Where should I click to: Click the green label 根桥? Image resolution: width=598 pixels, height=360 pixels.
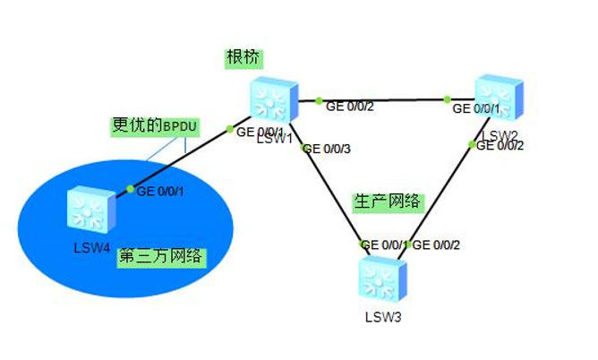click(x=244, y=59)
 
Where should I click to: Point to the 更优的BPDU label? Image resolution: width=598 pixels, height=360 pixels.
click(x=155, y=126)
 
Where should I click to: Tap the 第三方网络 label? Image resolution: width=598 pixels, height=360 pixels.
click(x=161, y=258)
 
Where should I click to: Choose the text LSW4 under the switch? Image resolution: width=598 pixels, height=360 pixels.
click(x=91, y=246)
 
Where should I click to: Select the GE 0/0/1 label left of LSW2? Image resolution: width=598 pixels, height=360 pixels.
click(x=476, y=109)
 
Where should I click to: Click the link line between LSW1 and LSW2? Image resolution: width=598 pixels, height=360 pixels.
click(x=385, y=101)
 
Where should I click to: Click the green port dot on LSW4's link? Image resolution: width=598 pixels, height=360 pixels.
click(x=130, y=189)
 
